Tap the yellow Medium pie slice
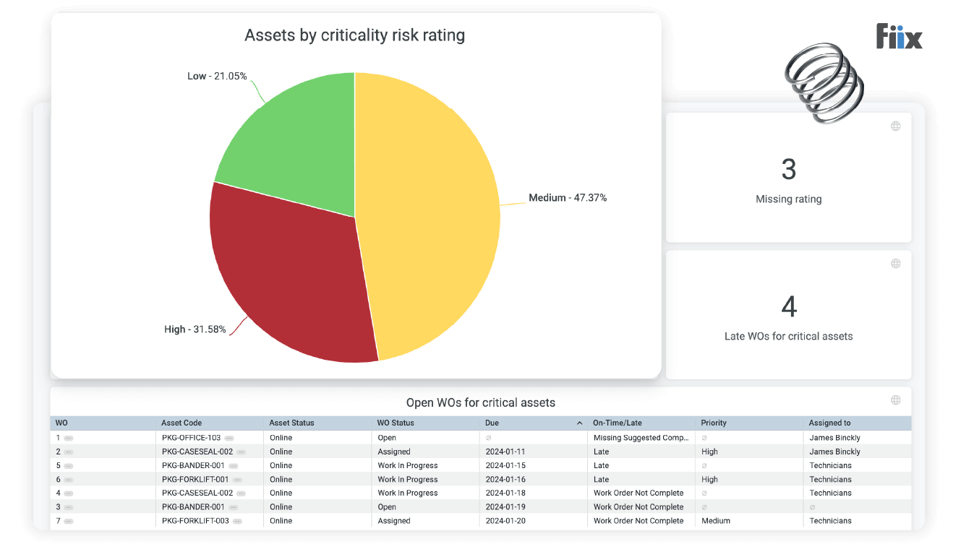427,217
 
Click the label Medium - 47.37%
567,197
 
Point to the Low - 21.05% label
217,76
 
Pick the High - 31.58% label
195,329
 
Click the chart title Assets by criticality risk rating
354,35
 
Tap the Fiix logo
899,37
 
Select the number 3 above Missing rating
788,170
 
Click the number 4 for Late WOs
788,307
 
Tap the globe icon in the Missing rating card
895,126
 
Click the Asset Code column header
181,423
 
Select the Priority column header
713,423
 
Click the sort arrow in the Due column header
579,423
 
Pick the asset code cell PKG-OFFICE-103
191,438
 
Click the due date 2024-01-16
505,479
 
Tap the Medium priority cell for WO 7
715,521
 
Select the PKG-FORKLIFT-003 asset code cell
195,521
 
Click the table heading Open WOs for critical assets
480,402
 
